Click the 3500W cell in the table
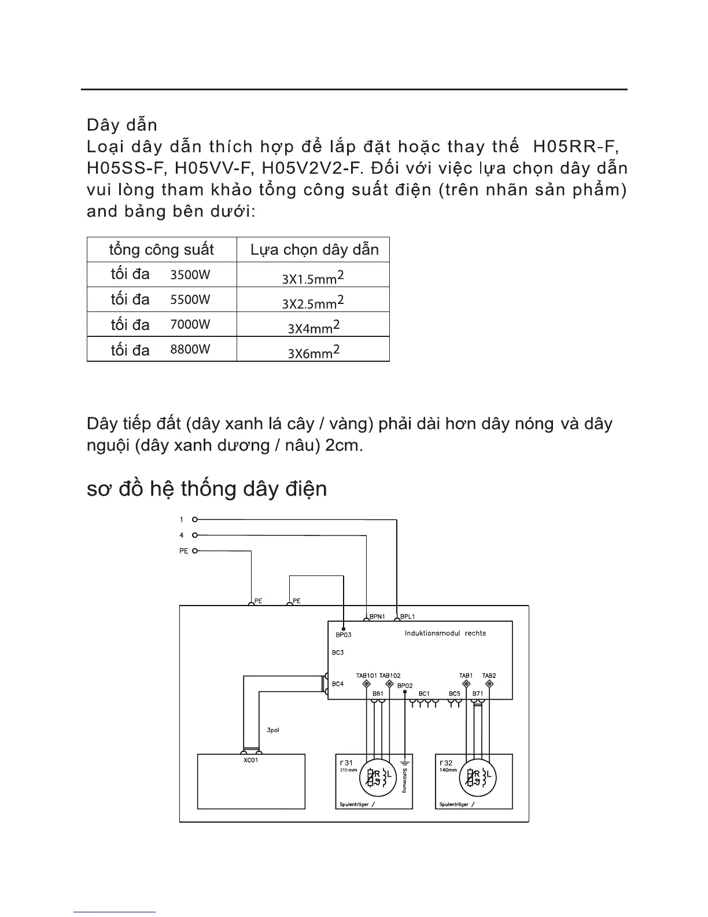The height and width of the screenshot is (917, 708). (190, 274)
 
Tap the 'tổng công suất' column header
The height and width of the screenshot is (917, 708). (161, 250)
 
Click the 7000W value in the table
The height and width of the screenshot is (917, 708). (190, 324)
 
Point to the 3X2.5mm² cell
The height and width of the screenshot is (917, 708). (313, 302)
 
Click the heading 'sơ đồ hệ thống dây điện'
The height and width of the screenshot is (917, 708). (207, 489)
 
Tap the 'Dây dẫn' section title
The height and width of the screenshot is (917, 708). (121, 125)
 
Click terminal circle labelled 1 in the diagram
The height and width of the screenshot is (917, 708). (195, 519)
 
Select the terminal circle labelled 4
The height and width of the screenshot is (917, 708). (195, 535)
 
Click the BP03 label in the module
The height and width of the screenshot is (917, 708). (343, 634)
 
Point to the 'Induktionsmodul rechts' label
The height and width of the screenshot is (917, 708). (445, 633)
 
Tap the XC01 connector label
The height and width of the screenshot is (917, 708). (251, 760)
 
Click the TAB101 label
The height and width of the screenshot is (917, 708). (367, 676)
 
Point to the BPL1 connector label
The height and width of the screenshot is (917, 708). (407, 617)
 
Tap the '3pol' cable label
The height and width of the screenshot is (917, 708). (273, 730)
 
